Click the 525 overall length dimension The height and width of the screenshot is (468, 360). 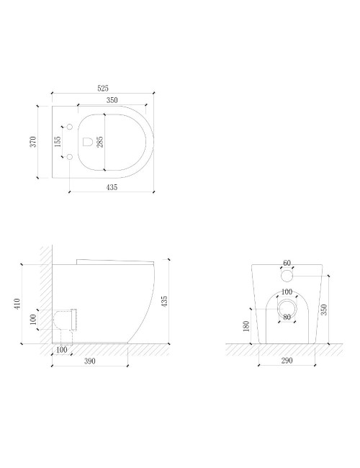(103, 89)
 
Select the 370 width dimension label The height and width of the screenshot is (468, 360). (33, 141)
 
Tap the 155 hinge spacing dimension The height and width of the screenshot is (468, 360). (58, 141)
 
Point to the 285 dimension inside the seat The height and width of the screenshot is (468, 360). (100, 142)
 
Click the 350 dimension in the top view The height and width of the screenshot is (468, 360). (112, 100)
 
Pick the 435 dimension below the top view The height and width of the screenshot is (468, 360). (112, 187)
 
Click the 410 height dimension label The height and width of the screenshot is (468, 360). (17, 304)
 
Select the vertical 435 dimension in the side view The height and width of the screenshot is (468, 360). (164, 301)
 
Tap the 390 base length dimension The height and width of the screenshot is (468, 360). (90, 361)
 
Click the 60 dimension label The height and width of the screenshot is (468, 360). (287, 263)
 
